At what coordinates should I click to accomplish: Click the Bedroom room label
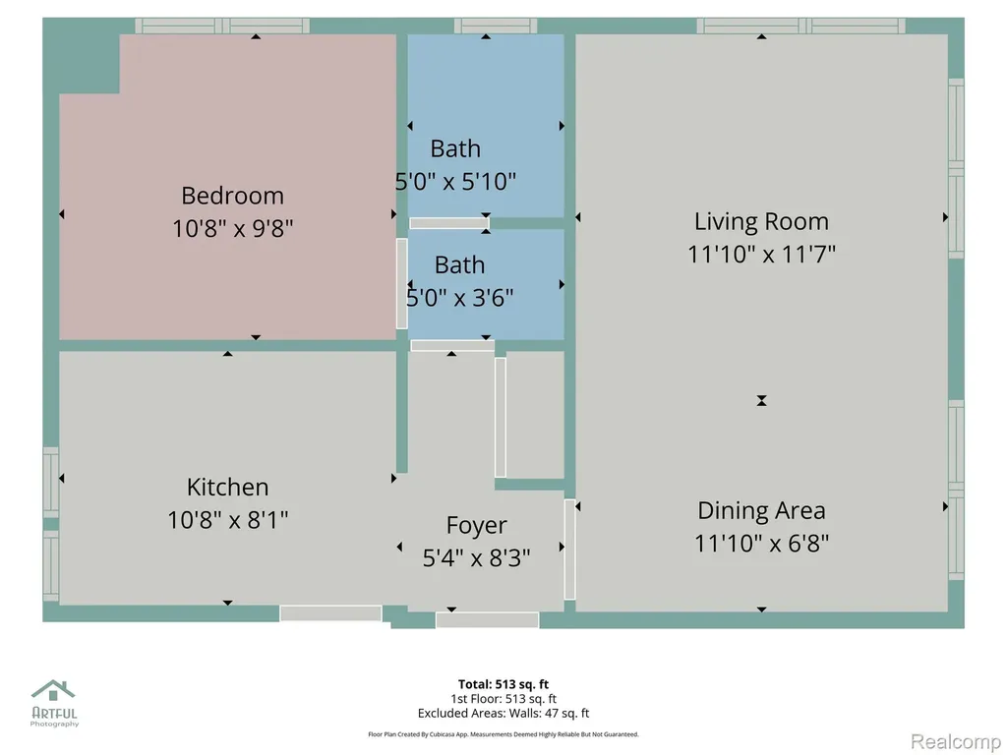click(232, 196)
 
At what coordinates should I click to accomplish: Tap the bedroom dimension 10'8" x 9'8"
click(232, 228)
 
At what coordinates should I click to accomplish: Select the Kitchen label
click(227, 487)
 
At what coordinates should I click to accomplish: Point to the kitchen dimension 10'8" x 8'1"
click(228, 519)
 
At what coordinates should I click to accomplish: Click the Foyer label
click(477, 526)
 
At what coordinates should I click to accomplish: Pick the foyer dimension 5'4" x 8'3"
click(477, 557)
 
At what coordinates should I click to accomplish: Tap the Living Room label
click(761, 221)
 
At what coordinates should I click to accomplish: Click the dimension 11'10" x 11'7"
click(761, 255)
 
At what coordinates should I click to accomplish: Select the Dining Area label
click(761, 510)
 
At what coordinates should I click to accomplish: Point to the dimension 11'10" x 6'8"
click(761, 543)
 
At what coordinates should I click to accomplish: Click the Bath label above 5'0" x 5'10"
click(455, 148)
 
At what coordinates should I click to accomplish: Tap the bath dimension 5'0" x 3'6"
click(460, 297)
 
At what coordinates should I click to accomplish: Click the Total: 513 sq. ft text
click(503, 684)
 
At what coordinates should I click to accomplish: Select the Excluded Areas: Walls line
click(503, 714)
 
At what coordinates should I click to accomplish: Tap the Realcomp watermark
click(956, 741)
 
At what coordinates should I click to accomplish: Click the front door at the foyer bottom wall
click(487, 620)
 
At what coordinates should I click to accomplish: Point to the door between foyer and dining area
click(569, 550)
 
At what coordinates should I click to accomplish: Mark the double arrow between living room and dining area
click(762, 401)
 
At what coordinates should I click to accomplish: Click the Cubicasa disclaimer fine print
click(503, 734)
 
